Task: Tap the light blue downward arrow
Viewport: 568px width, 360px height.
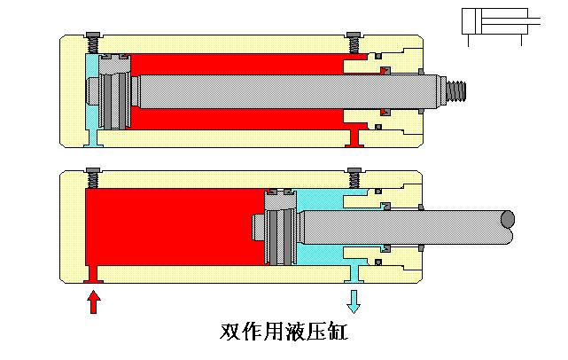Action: [354, 301]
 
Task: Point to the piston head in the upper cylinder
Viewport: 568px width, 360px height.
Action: [113, 90]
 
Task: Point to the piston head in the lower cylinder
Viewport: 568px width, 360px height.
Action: [281, 227]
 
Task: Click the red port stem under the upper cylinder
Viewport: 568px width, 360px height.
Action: [354, 136]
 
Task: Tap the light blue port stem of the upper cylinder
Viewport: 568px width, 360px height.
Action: [94, 135]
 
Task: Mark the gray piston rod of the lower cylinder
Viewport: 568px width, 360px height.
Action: [399, 227]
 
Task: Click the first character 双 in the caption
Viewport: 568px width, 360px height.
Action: [230, 333]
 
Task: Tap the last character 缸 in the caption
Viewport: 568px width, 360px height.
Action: [338, 333]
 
